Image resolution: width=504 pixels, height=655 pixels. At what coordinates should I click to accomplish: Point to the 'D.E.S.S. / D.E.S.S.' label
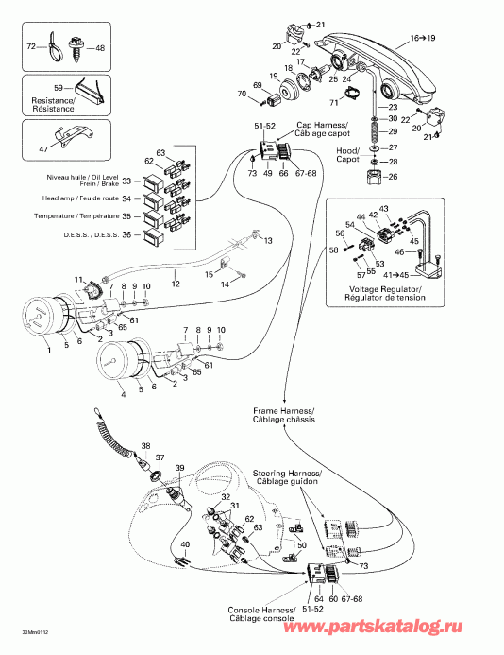(x=84, y=234)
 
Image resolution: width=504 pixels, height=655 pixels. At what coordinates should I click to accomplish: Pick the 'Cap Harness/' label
(x=319, y=125)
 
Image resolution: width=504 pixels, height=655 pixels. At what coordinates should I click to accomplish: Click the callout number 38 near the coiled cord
(x=145, y=445)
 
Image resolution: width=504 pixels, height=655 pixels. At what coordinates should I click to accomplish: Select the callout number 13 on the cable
(x=267, y=242)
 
